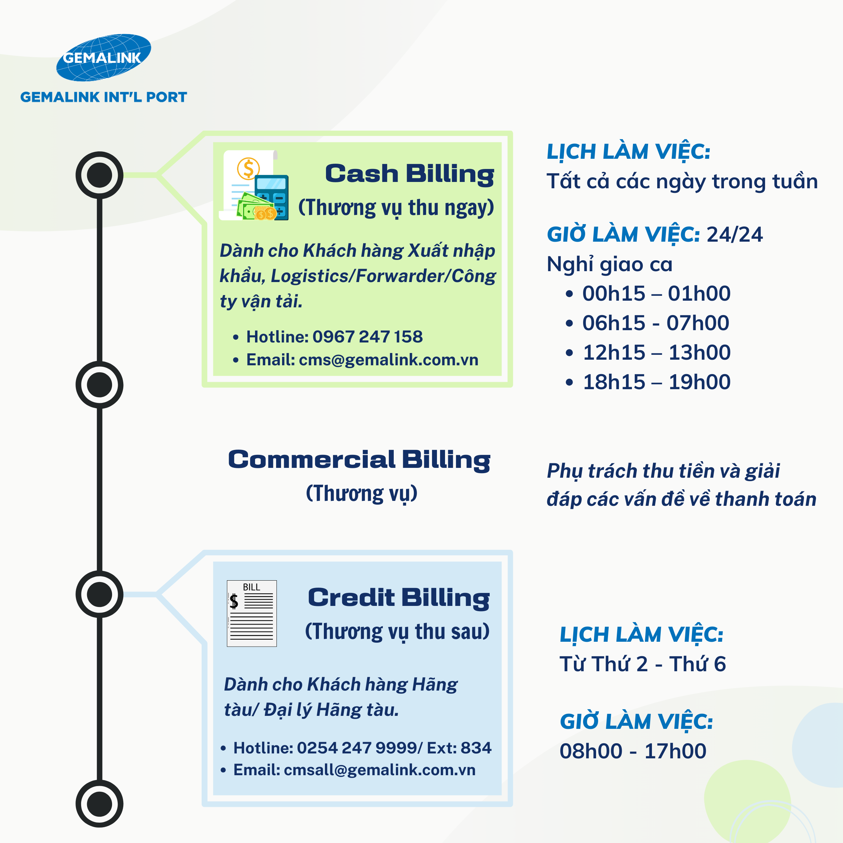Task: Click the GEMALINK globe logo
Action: tap(103, 58)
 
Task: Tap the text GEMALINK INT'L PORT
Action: tap(103, 97)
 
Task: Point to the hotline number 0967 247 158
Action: tap(367, 336)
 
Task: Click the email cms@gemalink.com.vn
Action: tap(388, 360)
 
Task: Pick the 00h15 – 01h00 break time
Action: tap(656, 293)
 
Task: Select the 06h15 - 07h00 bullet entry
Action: tap(655, 323)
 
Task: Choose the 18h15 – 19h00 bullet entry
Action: tap(656, 382)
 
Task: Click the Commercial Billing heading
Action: tap(359, 460)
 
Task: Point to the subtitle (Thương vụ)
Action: tap(361, 494)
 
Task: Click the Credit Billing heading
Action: tap(398, 597)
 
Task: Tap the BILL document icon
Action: tap(252, 613)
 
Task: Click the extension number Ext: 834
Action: tap(459, 748)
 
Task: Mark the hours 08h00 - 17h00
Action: tap(633, 751)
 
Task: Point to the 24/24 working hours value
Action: tap(734, 235)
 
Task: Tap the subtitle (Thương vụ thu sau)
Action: tap(397, 632)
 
